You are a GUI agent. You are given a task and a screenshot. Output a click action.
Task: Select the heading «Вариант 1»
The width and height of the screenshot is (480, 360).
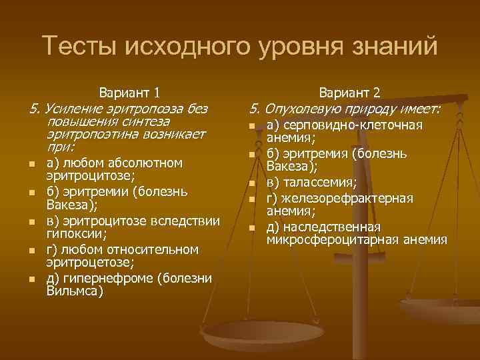[129, 93]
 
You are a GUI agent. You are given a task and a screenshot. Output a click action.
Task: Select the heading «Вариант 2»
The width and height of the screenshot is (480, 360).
[350, 93]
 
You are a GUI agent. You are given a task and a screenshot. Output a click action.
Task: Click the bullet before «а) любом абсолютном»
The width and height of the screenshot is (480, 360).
[32, 165]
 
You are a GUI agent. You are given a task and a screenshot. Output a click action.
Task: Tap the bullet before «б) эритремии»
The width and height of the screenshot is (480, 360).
[32, 193]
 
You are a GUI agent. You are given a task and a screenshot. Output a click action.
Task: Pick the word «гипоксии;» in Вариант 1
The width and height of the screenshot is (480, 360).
[75, 235]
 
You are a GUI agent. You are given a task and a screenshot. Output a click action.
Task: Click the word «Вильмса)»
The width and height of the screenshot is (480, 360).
[75, 291]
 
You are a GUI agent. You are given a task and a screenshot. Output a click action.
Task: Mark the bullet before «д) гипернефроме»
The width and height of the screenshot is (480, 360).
[32, 279]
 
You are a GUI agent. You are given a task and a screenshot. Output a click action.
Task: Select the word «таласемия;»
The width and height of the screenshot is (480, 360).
[319, 183]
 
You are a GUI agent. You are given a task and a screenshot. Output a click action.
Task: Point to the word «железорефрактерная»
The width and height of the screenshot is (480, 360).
[346, 198]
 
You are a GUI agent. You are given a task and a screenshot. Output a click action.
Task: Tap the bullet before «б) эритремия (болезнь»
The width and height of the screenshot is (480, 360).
[252, 155]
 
